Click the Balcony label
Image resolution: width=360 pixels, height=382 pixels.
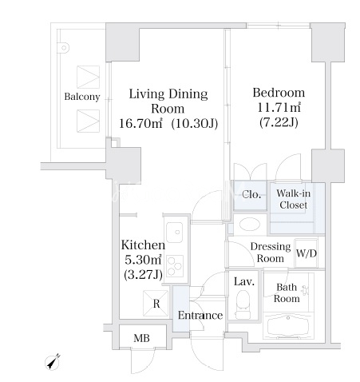pos(82,97)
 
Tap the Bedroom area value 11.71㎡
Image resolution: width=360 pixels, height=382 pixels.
pos(279,108)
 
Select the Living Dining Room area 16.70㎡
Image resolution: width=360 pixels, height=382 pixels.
pos(140,123)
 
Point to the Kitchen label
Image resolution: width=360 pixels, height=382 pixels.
pos(143,245)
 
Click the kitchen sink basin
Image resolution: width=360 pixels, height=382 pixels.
pos(175,232)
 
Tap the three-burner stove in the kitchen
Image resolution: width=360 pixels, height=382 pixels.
pos(175,265)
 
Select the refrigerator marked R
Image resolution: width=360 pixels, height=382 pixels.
pos(156,303)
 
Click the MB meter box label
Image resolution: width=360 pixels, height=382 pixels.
pos(141,338)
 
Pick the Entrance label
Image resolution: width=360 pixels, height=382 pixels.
pos(200,316)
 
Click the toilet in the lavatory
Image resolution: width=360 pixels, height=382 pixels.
pos(243,304)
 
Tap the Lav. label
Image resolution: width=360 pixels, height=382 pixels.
pos(244,281)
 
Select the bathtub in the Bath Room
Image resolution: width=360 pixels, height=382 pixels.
pos(288,326)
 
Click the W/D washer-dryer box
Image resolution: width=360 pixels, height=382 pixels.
pos(306,253)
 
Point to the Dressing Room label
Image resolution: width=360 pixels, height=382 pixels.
pos(271,253)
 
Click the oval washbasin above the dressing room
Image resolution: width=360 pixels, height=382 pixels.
pos(250,225)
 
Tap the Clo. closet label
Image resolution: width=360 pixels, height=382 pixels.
pos(251,195)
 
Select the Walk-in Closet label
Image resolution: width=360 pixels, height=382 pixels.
pos(293,199)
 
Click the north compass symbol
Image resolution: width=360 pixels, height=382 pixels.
pos(53,362)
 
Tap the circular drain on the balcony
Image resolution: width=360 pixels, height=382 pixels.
pos(64,48)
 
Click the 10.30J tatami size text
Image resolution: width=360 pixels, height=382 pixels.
pos(195,123)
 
